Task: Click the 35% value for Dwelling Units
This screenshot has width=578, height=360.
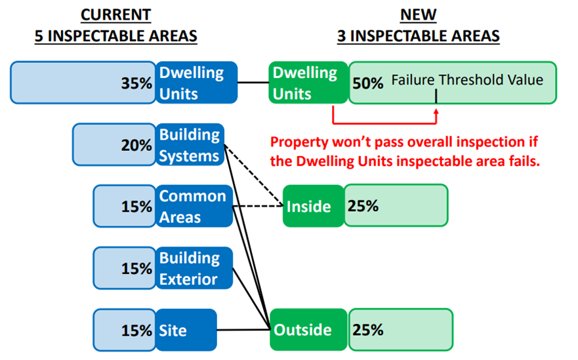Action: (136, 83)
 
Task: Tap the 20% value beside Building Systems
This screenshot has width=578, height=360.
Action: (136, 145)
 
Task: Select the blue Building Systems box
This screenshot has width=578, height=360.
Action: (190, 144)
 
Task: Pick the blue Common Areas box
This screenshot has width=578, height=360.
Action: (194, 206)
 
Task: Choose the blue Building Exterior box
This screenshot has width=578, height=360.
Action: (194, 268)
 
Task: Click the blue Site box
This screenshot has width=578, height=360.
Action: (186, 330)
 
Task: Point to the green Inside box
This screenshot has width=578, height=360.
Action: (314, 206)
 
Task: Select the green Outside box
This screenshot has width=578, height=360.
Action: (309, 329)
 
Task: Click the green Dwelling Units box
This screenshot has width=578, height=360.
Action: (308, 83)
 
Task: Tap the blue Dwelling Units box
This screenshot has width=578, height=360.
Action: (196, 83)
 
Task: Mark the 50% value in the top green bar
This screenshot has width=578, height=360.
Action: (368, 83)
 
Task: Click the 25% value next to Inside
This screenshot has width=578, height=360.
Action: (363, 206)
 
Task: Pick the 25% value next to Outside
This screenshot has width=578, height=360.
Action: (368, 330)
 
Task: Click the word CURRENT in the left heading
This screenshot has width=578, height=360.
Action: (115, 14)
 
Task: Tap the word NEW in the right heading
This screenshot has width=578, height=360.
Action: (419, 14)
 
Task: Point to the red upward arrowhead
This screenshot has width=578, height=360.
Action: (436, 111)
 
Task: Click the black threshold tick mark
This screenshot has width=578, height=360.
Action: (436, 96)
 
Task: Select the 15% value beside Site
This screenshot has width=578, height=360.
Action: (136, 330)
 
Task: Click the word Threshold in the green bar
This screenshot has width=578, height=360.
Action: (467, 79)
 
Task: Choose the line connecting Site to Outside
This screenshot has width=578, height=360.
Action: (243, 330)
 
